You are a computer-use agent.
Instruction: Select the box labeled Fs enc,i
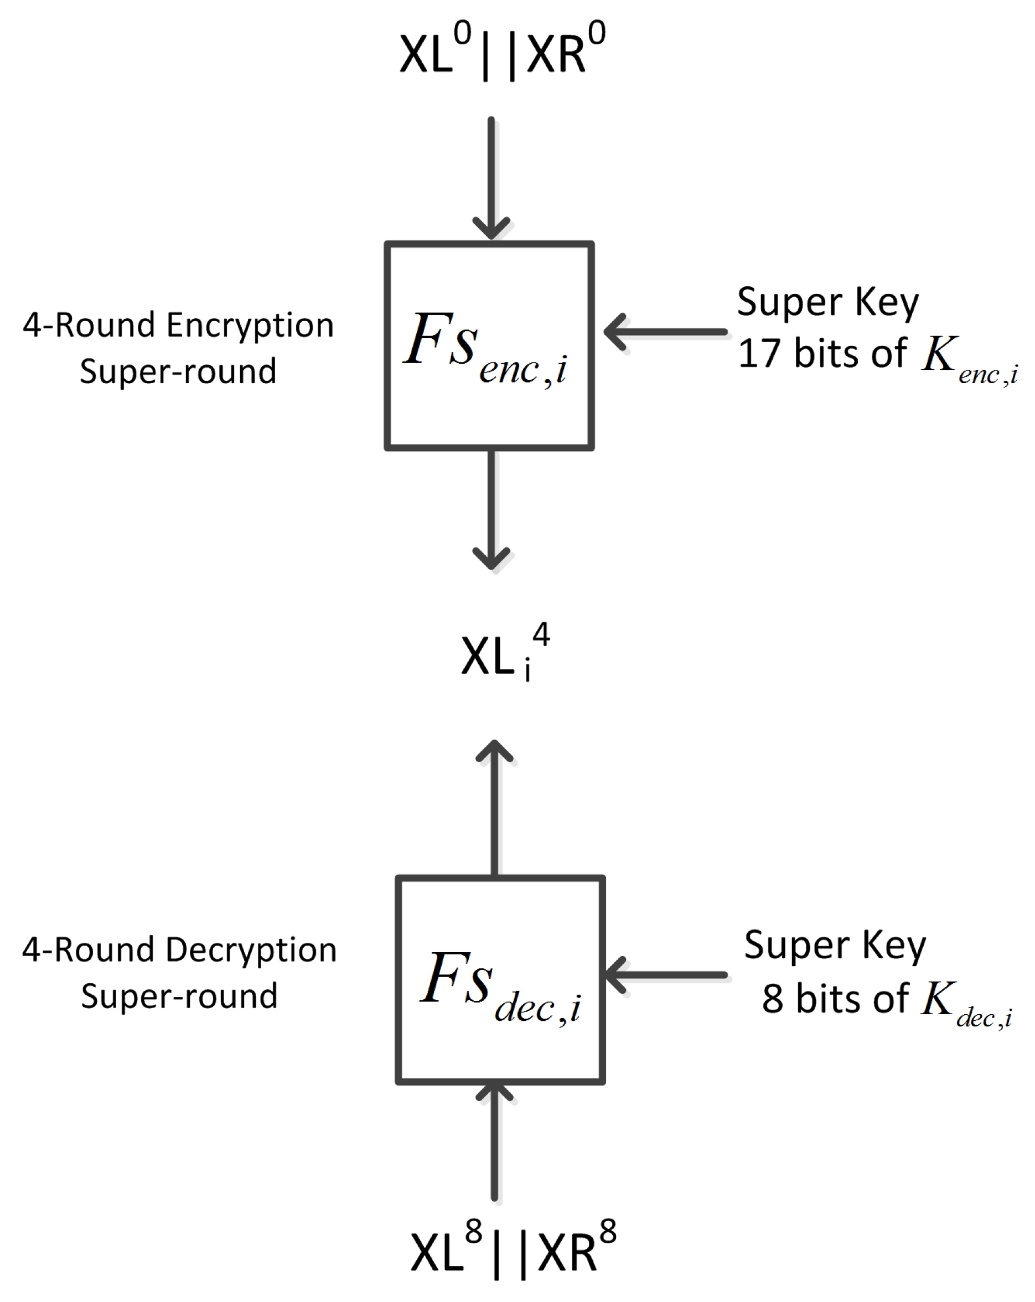pyautogui.click(x=489, y=346)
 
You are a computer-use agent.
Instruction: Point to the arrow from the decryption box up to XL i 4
pyautogui.click(x=495, y=809)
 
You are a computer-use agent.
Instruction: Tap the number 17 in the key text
pyautogui.click(x=758, y=353)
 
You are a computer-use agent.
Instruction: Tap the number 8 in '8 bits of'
pyautogui.click(x=773, y=999)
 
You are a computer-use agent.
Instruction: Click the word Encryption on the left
pyautogui.click(x=250, y=326)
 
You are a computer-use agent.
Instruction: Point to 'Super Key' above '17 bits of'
pyautogui.click(x=828, y=302)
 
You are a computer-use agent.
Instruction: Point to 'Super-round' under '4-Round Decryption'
pyautogui.click(x=179, y=996)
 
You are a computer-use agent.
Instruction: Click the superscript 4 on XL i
pyautogui.click(x=541, y=634)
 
